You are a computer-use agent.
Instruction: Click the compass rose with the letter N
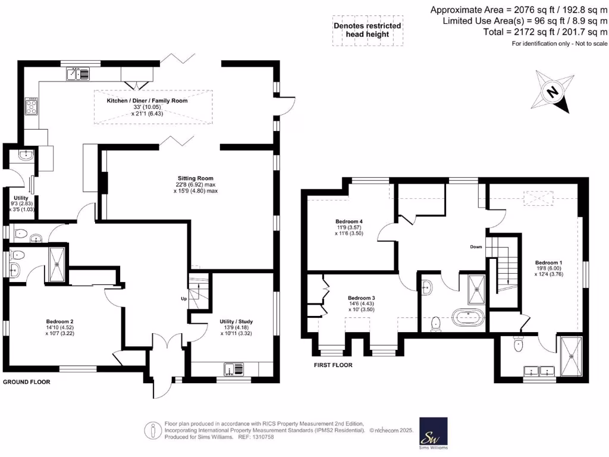click(553, 92)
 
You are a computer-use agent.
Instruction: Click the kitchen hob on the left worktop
click(31, 107)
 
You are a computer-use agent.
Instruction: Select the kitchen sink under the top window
click(78, 74)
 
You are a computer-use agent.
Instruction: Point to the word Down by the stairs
click(476, 246)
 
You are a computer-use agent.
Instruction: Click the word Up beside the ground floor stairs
click(185, 298)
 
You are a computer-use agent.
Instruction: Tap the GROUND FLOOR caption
click(26, 382)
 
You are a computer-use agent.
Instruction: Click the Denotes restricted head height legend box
click(367, 30)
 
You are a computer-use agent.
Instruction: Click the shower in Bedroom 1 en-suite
click(573, 356)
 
